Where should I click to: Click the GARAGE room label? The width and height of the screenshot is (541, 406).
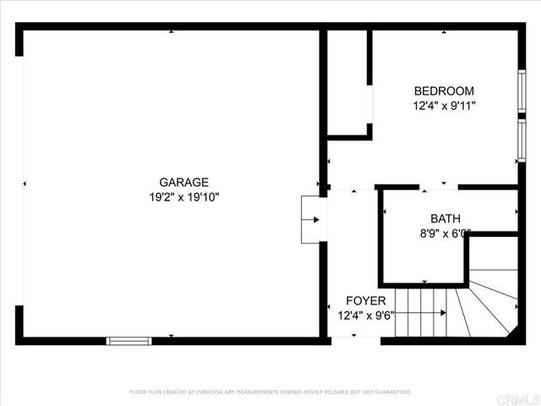click(x=183, y=182)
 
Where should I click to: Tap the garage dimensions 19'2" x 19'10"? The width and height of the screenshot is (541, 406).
click(x=183, y=197)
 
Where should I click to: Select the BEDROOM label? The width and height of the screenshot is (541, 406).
click(x=443, y=91)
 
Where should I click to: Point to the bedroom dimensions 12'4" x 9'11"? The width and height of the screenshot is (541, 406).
click(x=444, y=107)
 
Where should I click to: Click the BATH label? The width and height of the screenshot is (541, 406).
click(x=445, y=218)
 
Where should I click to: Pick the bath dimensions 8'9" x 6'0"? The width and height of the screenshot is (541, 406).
click(x=445, y=233)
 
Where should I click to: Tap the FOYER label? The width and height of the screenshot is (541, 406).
click(x=366, y=300)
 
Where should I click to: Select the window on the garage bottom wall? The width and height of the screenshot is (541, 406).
click(x=128, y=341)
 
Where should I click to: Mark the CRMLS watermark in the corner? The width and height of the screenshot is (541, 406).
click(x=522, y=398)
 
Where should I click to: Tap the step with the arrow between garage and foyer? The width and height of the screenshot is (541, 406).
click(x=311, y=220)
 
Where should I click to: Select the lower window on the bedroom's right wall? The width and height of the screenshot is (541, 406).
click(x=522, y=140)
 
